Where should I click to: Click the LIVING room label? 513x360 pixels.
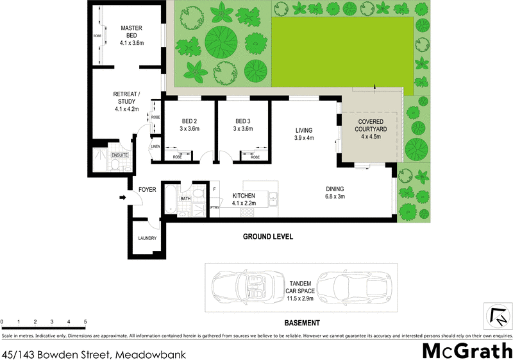(x=303, y=133)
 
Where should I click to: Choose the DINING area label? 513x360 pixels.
(x=334, y=193)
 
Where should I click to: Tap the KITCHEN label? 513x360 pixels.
(x=244, y=199)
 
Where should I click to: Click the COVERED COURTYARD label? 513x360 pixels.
(x=371, y=128)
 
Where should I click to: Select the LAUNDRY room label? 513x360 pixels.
(x=147, y=239)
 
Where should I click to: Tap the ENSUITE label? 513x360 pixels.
(x=120, y=155)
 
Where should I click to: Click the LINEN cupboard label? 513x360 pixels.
(x=155, y=147)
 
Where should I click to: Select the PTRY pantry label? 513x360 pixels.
(x=215, y=207)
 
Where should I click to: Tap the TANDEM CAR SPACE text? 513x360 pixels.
(x=299, y=291)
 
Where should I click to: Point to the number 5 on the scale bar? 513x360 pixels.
(x=85, y=321)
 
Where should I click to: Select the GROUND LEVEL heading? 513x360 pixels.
(x=267, y=237)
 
